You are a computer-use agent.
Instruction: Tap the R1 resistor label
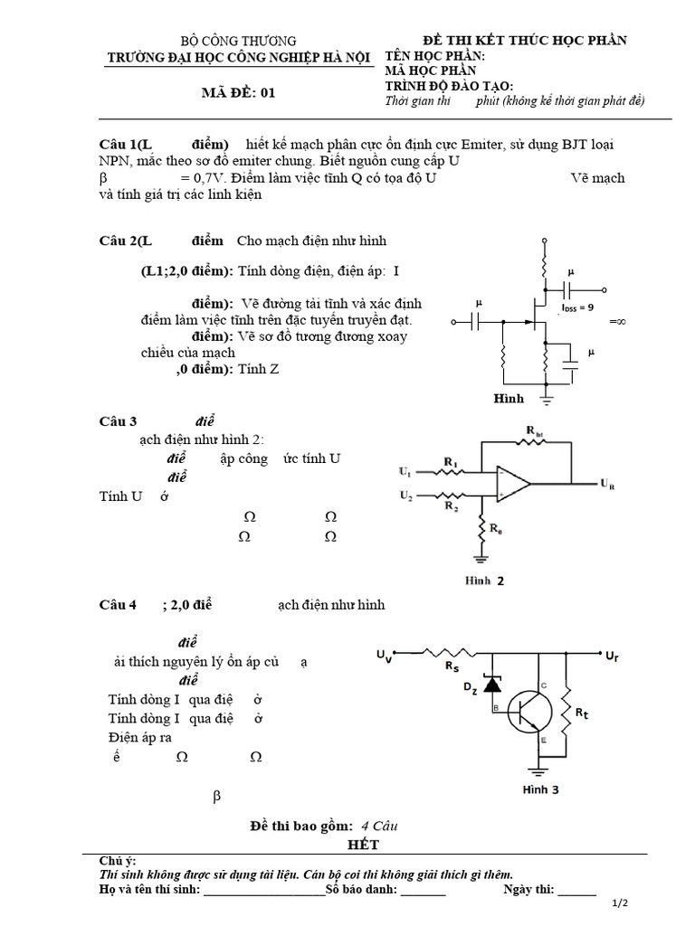(x=450, y=463)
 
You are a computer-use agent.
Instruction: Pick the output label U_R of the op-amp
(x=606, y=485)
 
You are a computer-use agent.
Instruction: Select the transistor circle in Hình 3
(x=530, y=712)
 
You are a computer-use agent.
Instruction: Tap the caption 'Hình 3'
(x=540, y=789)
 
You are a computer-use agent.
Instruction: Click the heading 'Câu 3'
(x=117, y=421)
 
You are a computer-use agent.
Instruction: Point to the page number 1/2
(x=620, y=902)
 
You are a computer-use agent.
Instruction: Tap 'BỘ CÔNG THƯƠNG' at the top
(x=238, y=41)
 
